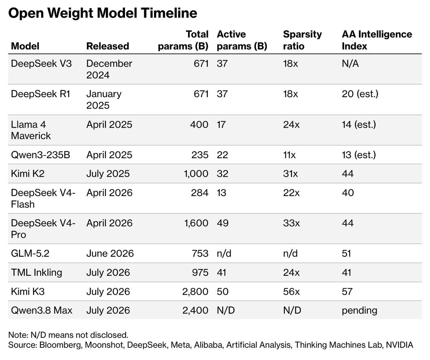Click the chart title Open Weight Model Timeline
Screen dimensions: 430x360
102,13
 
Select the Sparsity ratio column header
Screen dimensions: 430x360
302,40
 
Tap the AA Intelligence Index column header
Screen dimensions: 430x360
377,40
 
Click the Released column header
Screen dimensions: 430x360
107,46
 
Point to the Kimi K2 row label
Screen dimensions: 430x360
28,174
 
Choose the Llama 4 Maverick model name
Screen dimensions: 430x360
31,130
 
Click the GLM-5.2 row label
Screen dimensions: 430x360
30,253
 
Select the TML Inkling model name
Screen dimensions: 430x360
37,273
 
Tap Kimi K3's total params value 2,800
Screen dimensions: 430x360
195,292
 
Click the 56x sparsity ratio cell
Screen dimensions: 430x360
291,292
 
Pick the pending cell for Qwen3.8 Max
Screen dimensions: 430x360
359,311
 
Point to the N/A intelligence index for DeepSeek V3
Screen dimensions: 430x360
350,63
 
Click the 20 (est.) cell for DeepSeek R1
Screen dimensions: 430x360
360,94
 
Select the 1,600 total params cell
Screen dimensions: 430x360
196,223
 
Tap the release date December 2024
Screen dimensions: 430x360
109,69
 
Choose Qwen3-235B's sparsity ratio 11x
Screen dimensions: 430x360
289,155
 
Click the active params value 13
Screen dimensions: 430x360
221,193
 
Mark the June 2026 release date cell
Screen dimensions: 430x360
110,253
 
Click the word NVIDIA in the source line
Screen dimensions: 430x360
400,345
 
